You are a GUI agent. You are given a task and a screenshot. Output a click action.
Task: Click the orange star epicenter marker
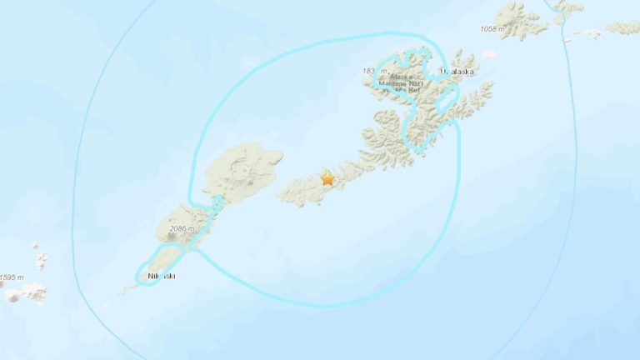pos(327,178)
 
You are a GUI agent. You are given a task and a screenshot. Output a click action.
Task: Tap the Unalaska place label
pos(457,72)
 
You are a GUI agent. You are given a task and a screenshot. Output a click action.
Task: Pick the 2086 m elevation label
pos(181,228)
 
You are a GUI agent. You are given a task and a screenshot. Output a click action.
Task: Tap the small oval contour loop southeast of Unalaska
pos(447,104)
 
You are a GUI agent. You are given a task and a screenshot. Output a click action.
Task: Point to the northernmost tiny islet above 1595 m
pos(37,247)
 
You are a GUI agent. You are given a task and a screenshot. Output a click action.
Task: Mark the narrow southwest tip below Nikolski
pos(125,292)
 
